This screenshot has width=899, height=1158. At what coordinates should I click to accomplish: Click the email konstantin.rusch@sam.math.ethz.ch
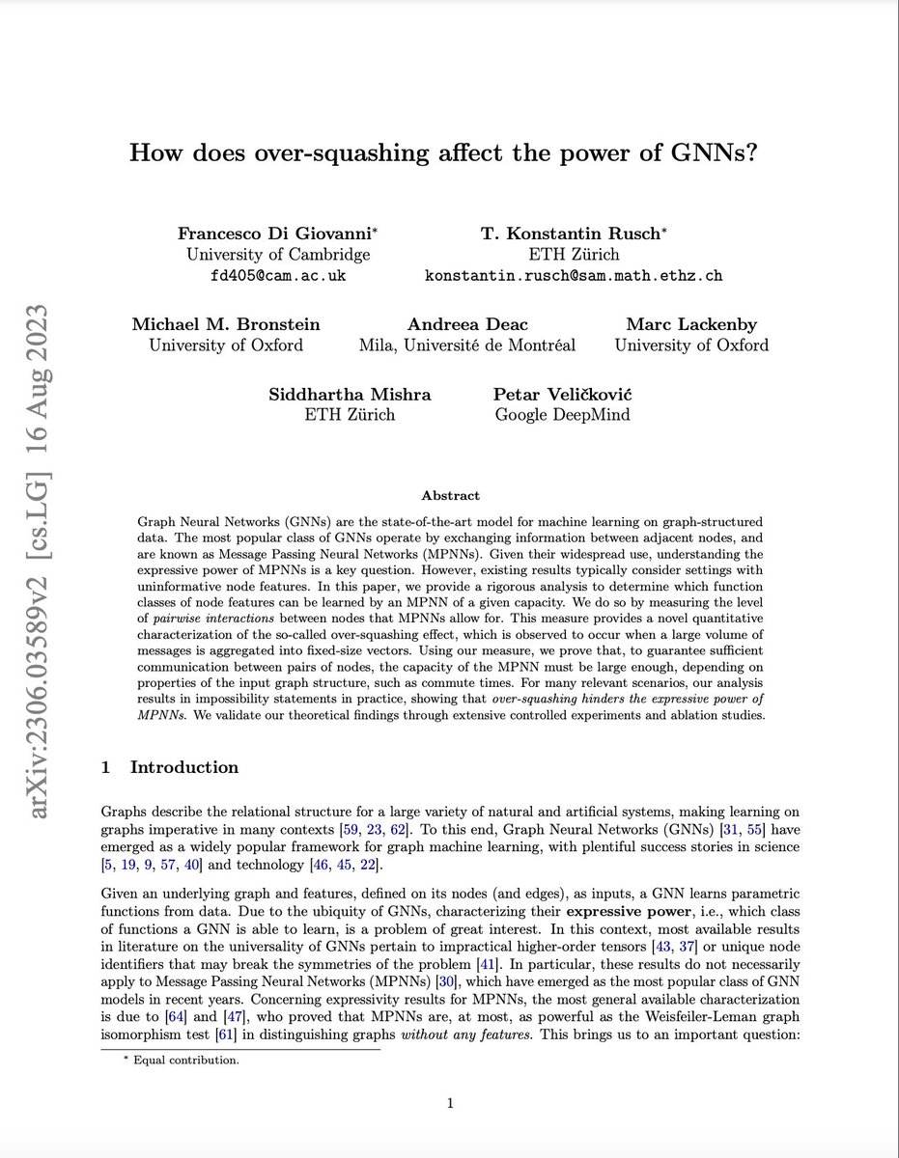coord(574,275)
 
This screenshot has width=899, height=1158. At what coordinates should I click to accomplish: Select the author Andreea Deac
coord(466,324)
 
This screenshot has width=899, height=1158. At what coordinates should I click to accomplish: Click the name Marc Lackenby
coord(690,324)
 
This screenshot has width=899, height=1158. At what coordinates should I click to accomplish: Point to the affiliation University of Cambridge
coord(277,255)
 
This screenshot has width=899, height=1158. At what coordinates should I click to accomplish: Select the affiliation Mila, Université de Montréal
coord(466,345)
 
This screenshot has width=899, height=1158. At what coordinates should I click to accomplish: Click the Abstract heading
coord(449,495)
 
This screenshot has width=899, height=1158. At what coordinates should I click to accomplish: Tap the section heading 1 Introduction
coord(170,768)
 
